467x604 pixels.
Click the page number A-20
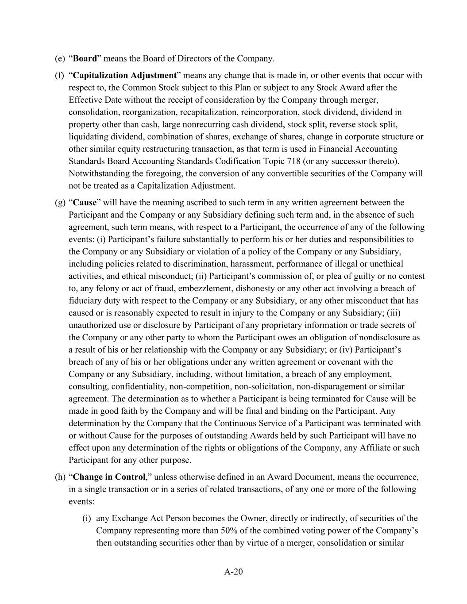pyautogui.click(x=233, y=572)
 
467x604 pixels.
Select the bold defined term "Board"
pyautogui.click(x=85, y=58)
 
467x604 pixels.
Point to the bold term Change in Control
pyautogui.click(x=109, y=477)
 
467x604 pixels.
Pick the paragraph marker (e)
pyautogui.click(x=60, y=58)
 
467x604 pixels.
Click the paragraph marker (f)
pyautogui.click(x=60, y=75)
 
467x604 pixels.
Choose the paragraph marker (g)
pyautogui.click(x=60, y=203)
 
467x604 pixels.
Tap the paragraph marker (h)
pyautogui.click(x=60, y=477)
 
